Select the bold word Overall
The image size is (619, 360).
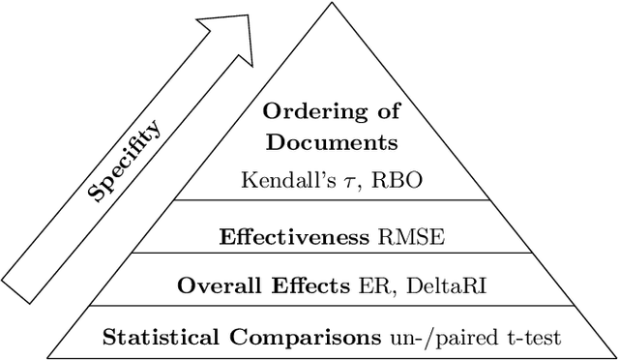click(x=215, y=286)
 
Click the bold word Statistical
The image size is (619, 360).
click(x=156, y=338)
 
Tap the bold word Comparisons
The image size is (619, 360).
click(x=295, y=339)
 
